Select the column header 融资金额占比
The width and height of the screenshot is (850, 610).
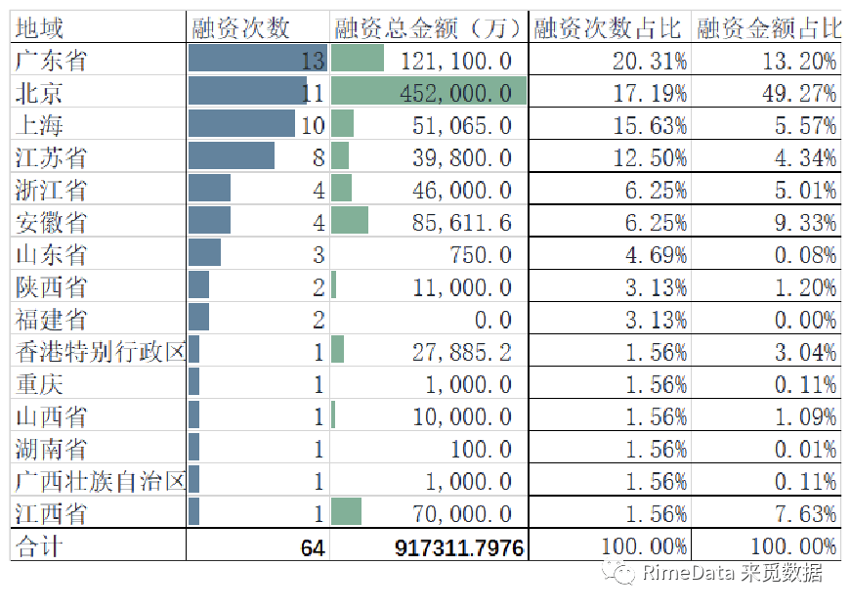[x=768, y=28]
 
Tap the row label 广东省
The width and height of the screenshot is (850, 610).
[x=52, y=61]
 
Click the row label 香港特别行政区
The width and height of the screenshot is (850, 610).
[x=101, y=352]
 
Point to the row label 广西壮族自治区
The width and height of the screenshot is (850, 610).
[x=101, y=481]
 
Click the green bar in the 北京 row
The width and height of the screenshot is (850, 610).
[x=429, y=92]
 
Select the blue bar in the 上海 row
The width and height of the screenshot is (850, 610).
[x=241, y=124]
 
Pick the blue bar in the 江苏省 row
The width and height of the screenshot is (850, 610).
[x=232, y=156]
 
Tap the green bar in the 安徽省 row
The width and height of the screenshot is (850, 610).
[x=350, y=221]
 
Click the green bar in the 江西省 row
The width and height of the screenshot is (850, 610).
[x=347, y=512]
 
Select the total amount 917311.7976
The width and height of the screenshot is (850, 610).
[x=459, y=547]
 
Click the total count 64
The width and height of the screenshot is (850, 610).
[x=312, y=547]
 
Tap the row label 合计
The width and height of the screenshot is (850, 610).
[x=38, y=545]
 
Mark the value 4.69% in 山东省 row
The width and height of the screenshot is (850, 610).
[x=656, y=255]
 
